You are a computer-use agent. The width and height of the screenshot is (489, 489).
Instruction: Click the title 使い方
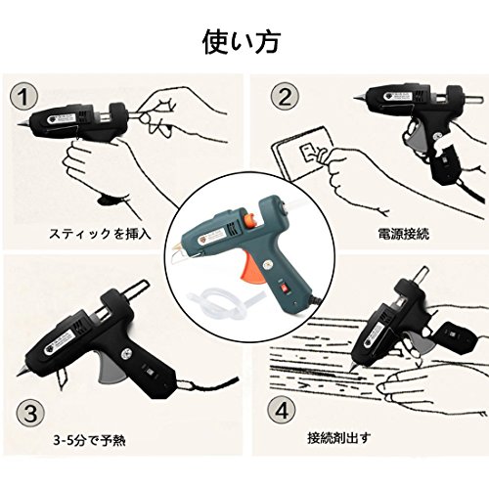pos(241,43)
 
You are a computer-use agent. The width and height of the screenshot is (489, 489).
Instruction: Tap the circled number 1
pos(23,97)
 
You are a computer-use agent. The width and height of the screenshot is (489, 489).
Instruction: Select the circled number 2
pos(285,96)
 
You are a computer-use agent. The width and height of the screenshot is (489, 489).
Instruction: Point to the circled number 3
pos(30,414)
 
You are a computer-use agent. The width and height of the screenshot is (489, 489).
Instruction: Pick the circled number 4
pos(282,410)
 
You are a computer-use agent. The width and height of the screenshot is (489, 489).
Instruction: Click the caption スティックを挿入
pos(100,234)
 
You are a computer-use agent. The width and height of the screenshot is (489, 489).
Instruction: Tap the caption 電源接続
pos(404,234)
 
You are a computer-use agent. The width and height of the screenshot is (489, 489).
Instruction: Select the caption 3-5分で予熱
pos(89,441)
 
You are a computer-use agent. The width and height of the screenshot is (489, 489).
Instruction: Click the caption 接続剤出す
pos(339,438)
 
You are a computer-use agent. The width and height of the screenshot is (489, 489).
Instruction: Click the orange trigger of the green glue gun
pos(250,267)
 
